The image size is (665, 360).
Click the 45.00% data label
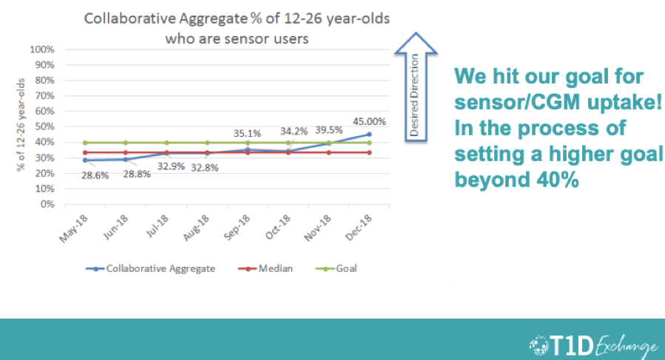[x=369, y=122]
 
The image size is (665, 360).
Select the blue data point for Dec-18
[x=369, y=135]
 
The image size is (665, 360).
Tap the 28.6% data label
[x=95, y=175]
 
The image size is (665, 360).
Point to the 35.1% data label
[x=247, y=134]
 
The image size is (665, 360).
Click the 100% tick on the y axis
[x=42, y=50]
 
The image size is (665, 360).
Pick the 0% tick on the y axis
[x=47, y=204]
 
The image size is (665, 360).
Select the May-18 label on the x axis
[x=73, y=228]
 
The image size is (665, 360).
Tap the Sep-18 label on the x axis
[x=237, y=228]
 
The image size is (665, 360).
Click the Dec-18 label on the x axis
[x=359, y=228]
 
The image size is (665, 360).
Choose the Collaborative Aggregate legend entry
[x=150, y=269]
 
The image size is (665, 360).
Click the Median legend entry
[x=266, y=269]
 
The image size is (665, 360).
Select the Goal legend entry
[x=337, y=269]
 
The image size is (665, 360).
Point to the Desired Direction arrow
[x=416, y=87]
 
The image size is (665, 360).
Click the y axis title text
[x=21, y=125]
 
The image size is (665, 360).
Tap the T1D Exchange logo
[x=594, y=345]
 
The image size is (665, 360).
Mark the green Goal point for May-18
[x=85, y=143]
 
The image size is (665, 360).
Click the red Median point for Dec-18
[x=369, y=153]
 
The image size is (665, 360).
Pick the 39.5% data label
[x=328, y=130]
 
